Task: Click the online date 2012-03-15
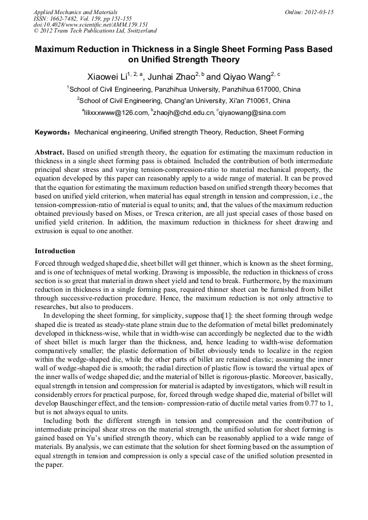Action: point(319,12)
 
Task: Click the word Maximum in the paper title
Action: point(58,49)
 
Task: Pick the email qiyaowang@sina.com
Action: point(253,113)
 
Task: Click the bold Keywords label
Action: point(52,132)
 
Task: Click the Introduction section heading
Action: point(55,251)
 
